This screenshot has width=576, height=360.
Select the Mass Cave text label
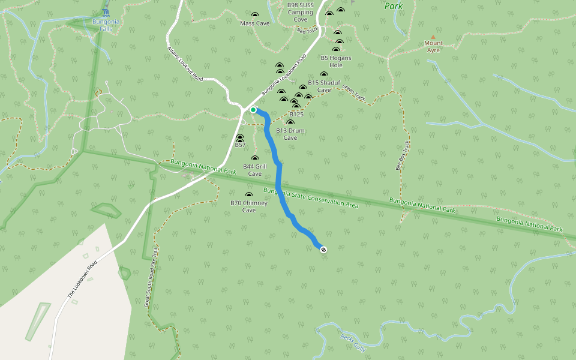click(255, 23)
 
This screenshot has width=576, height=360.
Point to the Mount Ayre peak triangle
click(433, 37)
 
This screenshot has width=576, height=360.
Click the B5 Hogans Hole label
click(335, 61)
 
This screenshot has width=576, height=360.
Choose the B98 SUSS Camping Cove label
click(300, 12)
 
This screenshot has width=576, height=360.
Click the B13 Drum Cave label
click(290, 134)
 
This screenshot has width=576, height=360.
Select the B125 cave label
click(296, 114)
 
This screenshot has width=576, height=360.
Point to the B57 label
click(240, 145)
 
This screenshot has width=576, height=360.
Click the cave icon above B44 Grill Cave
click(254, 158)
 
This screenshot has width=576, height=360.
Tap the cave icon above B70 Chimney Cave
click(249, 195)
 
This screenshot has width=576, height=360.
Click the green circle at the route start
click(253, 110)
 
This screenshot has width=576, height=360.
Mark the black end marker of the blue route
click(323, 249)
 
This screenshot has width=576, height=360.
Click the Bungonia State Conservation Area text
click(311, 198)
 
